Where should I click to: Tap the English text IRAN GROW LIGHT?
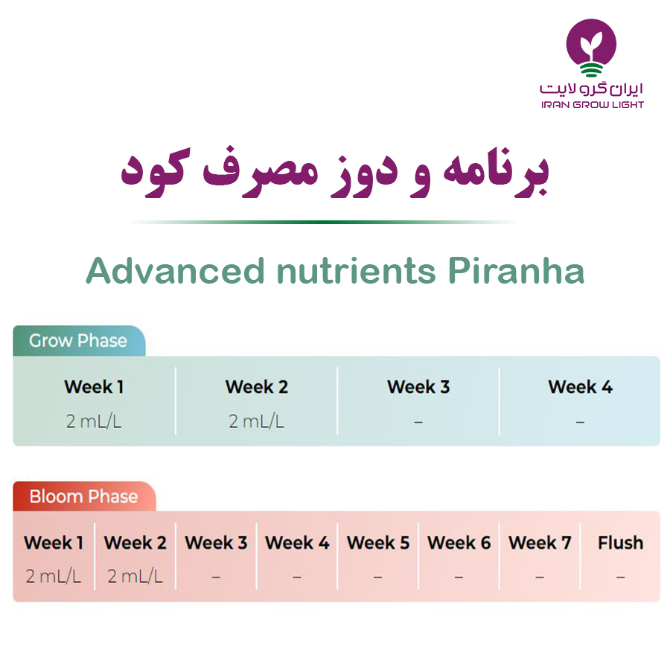(x=593, y=105)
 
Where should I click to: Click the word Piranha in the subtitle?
(x=516, y=271)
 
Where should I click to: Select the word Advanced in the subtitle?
(x=175, y=271)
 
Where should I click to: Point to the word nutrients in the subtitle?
(x=356, y=271)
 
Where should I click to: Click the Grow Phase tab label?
(x=78, y=340)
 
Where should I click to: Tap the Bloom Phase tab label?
(x=83, y=497)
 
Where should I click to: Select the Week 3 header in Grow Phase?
(x=418, y=386)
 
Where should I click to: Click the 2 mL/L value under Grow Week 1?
(x=94, y=421)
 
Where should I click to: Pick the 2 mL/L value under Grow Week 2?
(x=256, y=421)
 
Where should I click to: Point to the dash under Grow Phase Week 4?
(x=580, y=422)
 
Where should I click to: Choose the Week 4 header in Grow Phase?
(x=580, y=386)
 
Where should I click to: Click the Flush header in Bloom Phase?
(x=620, y=543)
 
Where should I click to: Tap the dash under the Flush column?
(x=620, y=577)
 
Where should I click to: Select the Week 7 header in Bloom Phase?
(x=540, y=543)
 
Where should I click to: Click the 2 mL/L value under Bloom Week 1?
(x=54, y=576)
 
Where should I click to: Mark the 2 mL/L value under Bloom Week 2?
(x=135, y=576)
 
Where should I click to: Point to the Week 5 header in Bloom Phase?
(x=378, y=543)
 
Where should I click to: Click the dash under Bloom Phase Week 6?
(x=459, y=577)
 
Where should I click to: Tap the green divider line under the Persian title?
(x=322, y=222)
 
